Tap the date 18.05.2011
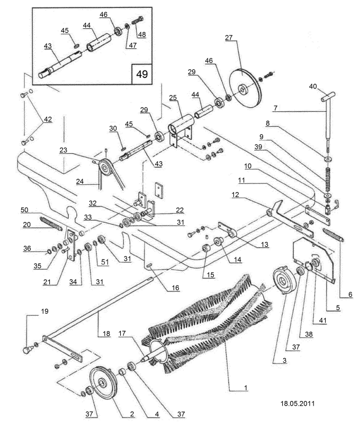coord(298,403)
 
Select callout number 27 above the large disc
coord(229,38)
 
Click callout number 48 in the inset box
coord(141,35)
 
